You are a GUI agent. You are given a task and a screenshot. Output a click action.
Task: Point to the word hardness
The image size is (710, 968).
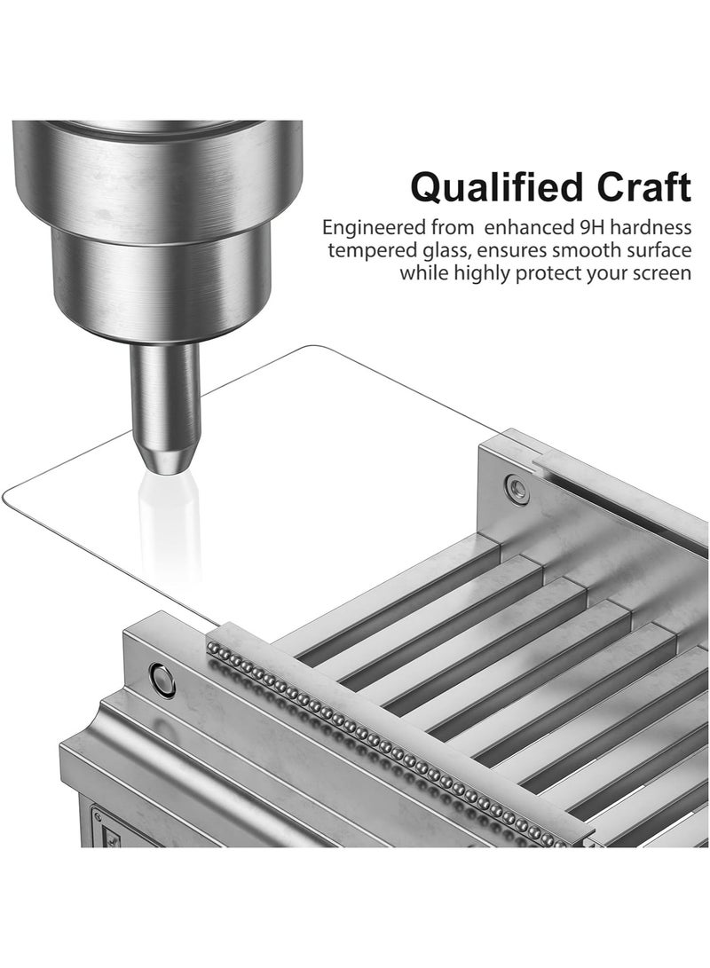(x=651, y=227)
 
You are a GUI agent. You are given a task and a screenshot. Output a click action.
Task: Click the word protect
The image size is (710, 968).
(x=548, y=274)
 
